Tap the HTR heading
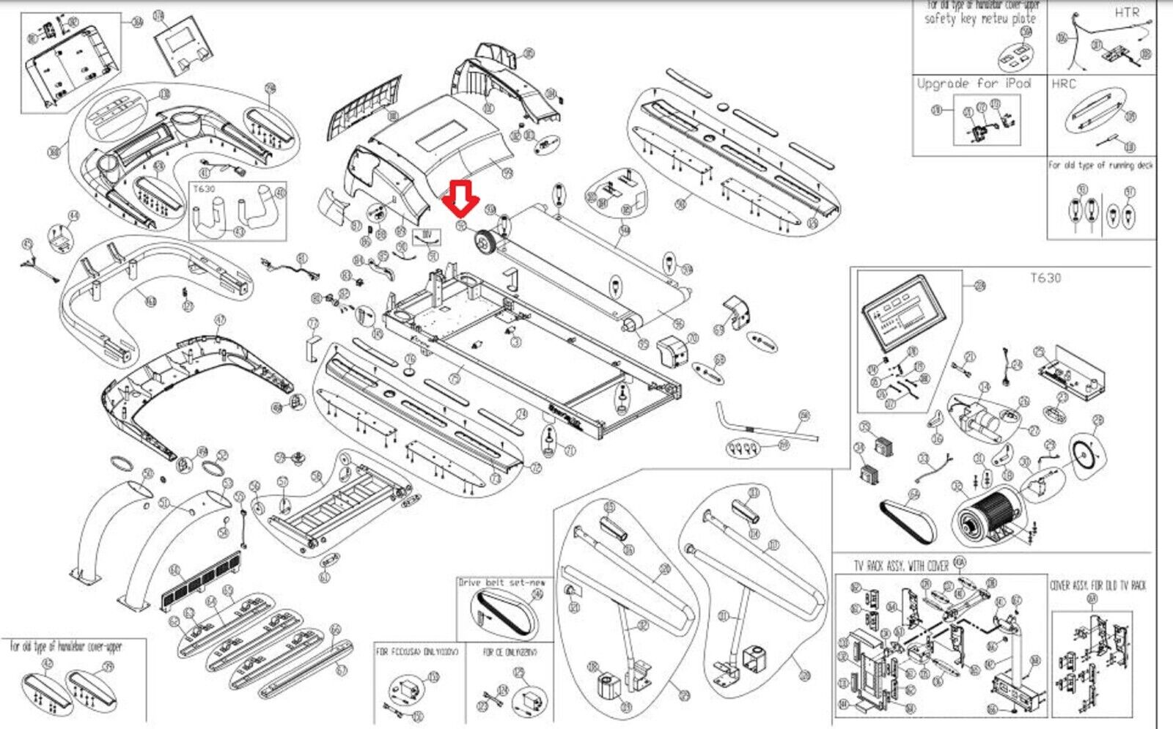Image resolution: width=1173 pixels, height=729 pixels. [x=1127, y=12]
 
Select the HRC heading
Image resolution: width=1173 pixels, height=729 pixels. [x=1063, y=84]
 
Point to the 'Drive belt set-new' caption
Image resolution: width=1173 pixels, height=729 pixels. [x=501, y=582]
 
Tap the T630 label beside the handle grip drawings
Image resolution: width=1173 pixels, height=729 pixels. [x=205, y=189]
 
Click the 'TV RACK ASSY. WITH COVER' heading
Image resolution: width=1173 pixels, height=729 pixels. [x=900, y=566]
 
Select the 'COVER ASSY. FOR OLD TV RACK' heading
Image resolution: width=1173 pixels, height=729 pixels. [x=1097, y=585]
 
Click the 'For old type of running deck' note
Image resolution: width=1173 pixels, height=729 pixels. [x=1100, y=166]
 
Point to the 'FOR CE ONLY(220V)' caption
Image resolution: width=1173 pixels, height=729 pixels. [x=510, y=651]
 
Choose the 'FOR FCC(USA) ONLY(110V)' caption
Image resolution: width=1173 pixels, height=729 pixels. [x=416, y=651]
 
